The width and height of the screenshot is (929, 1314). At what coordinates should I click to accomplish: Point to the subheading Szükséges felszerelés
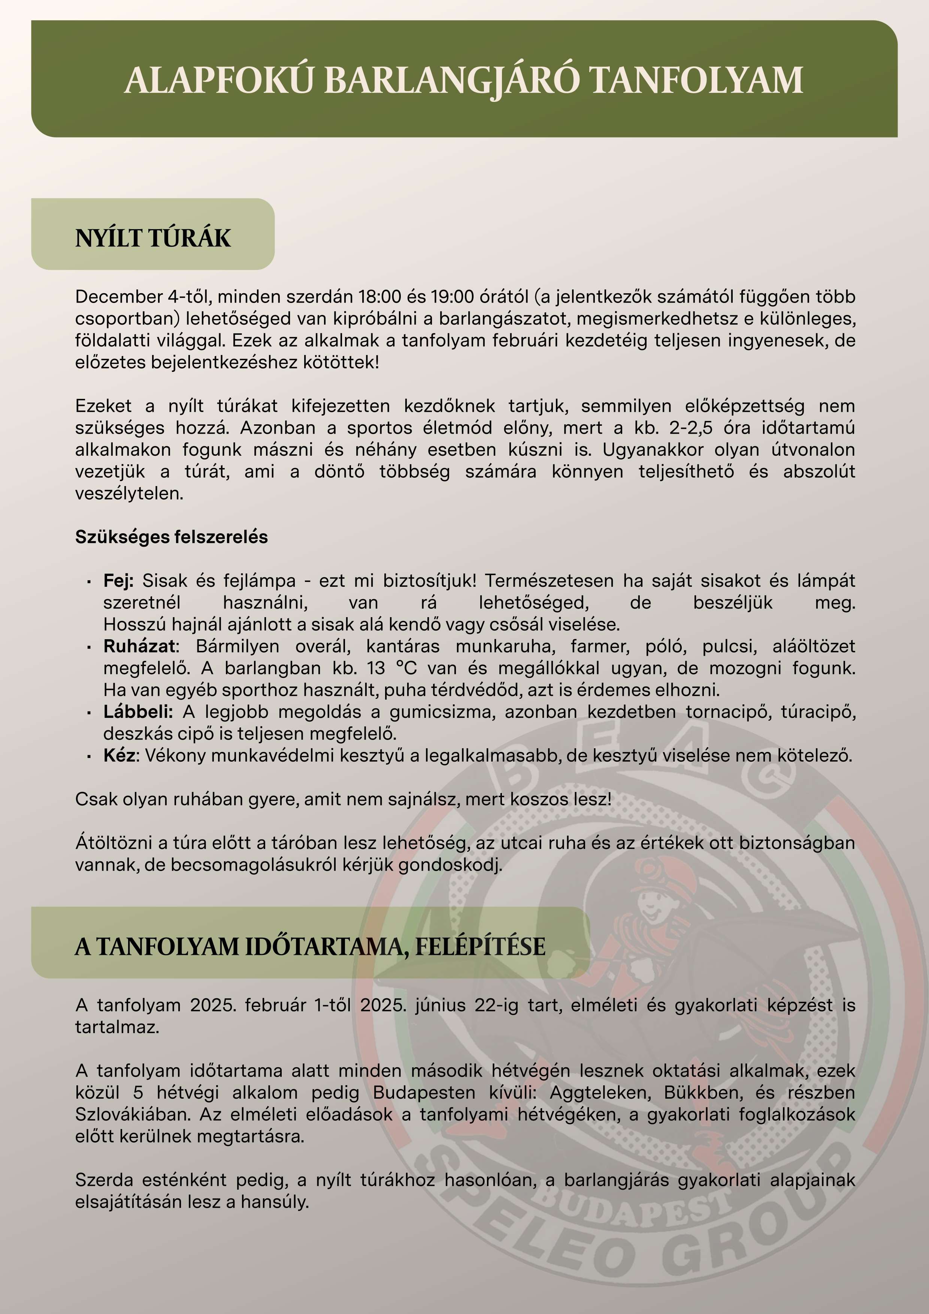[x=171, y=537]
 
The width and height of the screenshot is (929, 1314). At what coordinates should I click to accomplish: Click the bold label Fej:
[x=118, y=580]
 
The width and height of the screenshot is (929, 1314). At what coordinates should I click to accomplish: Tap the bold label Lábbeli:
[x=138, y=712]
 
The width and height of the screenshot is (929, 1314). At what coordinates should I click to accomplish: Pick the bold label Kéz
[x=119, y=755]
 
